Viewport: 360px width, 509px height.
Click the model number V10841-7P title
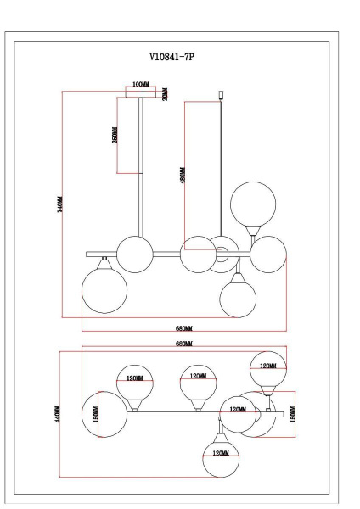(178, 58)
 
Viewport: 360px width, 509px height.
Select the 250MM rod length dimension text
(115, 134)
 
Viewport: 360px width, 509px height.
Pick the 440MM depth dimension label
(56, 413)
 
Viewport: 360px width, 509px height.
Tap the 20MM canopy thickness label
(166, 92)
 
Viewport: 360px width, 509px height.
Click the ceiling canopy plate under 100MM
(141, 94)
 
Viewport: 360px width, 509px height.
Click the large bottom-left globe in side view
(104, 291)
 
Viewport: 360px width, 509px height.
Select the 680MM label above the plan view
(183, 343)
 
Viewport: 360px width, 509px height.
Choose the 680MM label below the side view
(183, 327)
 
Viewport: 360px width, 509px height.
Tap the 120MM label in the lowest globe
(222, 454)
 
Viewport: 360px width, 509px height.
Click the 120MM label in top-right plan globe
(267, 366)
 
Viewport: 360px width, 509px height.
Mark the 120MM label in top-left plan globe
(134, 378)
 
